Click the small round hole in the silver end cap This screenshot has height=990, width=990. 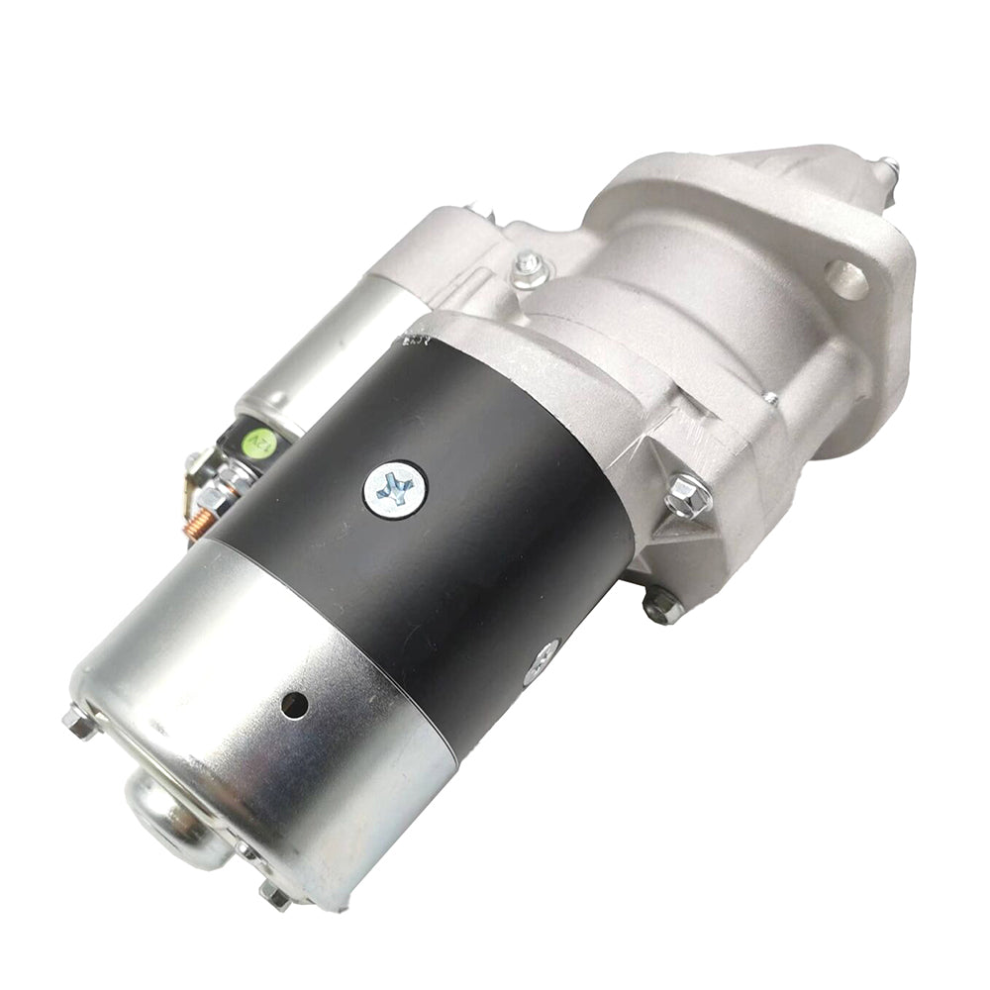tap(293, 705)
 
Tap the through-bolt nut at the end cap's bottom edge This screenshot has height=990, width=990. tap(274, 897)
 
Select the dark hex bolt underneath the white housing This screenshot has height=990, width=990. tap(660, 605)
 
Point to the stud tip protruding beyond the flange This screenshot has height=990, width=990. tap(889, 169)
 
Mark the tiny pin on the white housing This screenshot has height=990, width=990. tap(770, 399)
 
